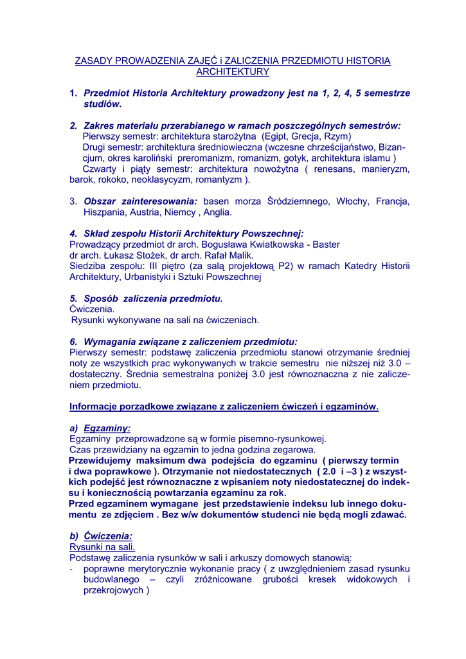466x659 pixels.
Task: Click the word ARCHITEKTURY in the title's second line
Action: click(232, 71)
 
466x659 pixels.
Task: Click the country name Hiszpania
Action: click(105, 212)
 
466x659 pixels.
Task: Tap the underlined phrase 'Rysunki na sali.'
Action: click(102, 547)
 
